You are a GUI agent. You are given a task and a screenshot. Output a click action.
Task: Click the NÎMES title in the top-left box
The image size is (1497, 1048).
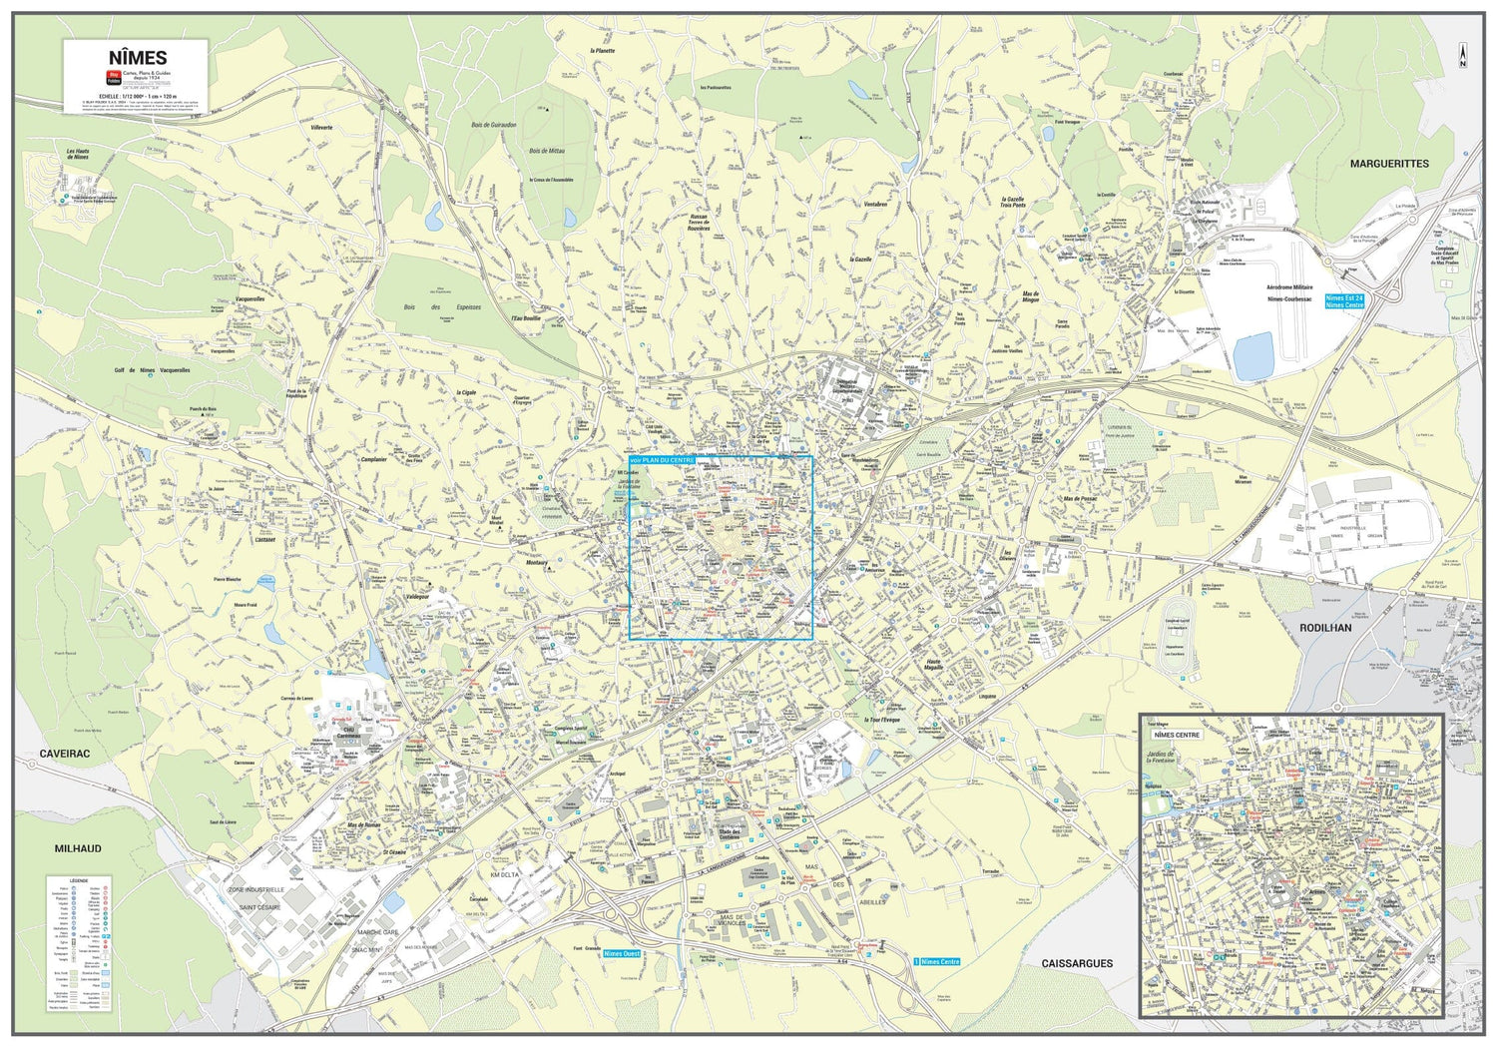click(137, 58)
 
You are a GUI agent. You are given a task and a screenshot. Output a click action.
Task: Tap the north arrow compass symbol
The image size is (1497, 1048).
click(1462, 56)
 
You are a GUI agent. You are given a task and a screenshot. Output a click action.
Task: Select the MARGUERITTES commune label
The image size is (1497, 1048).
click(1389, 164)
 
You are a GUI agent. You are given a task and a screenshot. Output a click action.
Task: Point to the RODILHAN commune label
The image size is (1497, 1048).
click(1325, 628)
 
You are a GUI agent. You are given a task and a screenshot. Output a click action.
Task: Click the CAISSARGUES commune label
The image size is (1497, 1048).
click(1077, 963)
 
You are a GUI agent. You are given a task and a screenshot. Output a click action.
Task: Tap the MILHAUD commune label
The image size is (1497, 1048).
click(78, 848)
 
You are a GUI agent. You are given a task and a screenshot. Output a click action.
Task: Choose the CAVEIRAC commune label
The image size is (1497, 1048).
click(65, 755)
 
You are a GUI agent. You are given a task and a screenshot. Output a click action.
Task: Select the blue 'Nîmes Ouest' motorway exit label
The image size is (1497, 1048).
click(622, 954)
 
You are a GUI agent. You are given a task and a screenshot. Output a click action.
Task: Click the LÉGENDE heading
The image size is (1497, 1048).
click(71, 881)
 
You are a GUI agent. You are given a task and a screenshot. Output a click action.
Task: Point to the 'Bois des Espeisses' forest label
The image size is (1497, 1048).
click(442, 307)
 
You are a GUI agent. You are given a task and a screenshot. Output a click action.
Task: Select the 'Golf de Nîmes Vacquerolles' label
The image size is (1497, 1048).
click(152, 370)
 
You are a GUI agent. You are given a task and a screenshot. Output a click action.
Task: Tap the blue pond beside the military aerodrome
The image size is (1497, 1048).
click(1252, 356)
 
